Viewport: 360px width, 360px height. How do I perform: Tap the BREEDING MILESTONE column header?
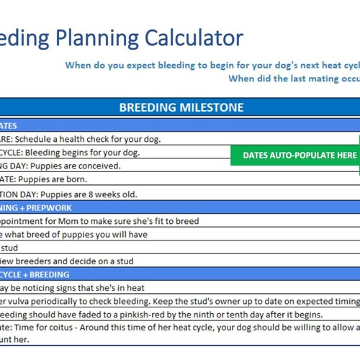click(x=181, y=108)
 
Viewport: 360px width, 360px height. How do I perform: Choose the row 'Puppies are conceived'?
click(x=65, y=166)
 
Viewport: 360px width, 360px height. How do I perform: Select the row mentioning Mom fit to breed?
click(x=101, y=221)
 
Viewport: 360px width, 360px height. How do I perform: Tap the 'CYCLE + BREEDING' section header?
click(x=36, y=274)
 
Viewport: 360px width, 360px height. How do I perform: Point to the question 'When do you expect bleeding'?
click(x=209, y=65)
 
